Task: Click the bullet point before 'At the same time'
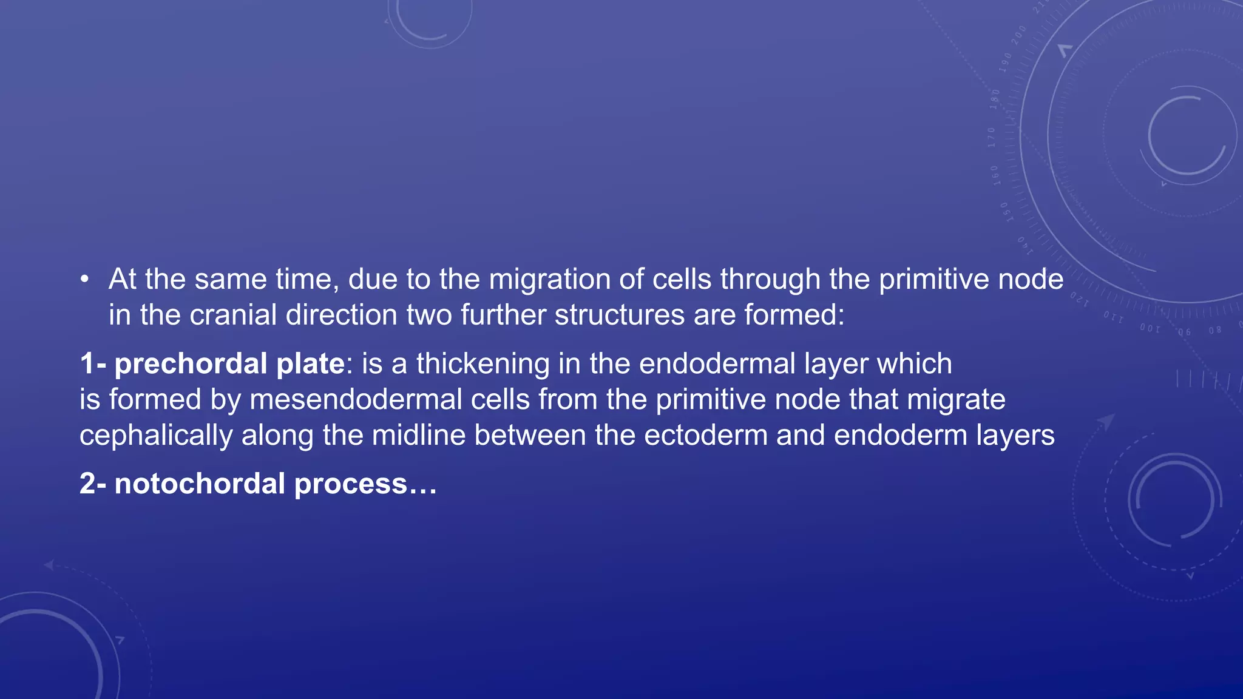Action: [85, 280]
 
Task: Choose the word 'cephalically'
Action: [155, 436]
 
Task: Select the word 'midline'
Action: [418, 436]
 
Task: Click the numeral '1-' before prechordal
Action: [93, 364]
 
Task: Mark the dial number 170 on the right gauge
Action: [991, 138]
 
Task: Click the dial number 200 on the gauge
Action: [1018, 35]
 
